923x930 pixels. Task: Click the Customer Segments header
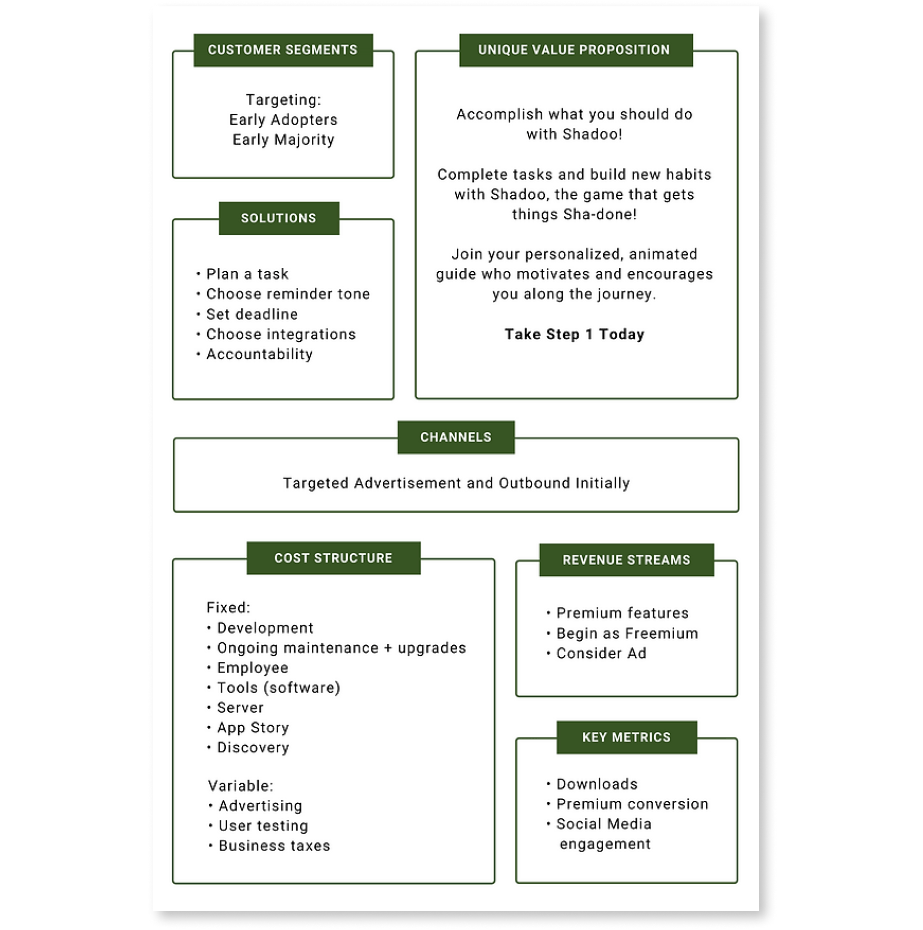283,50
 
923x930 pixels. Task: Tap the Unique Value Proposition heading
576,50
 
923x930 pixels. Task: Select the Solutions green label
279,218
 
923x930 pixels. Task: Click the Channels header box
456,437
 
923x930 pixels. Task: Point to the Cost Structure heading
333,558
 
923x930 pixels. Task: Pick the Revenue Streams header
626,560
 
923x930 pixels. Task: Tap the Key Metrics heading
627,737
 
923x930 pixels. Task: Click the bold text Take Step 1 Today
574,334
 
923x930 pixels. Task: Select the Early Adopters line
283,120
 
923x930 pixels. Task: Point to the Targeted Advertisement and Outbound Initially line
457,483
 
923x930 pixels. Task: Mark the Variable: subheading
240,786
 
